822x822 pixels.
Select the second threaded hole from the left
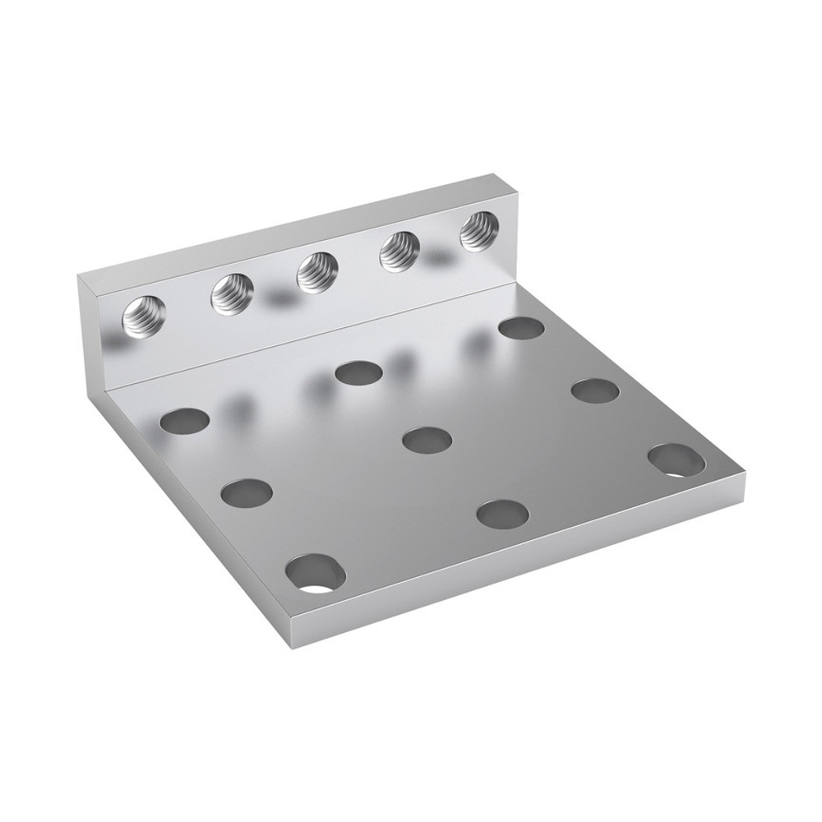coord(232,293)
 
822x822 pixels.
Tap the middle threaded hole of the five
coord(316,272)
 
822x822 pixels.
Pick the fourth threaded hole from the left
coord(399,250)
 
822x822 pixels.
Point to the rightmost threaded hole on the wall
coord(478,229)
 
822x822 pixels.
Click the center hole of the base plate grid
coord(427,440)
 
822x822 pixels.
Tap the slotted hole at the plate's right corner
coord(676,461)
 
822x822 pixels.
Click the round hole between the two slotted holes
coord(502,515)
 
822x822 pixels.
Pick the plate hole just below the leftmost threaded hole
coord(184,421)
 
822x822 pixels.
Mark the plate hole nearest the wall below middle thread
coord(359,373)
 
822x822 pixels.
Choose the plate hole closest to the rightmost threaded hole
coord(521,328)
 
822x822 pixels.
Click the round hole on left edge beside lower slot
coord(247,493)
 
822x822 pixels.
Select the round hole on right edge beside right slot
coord(596,390)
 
